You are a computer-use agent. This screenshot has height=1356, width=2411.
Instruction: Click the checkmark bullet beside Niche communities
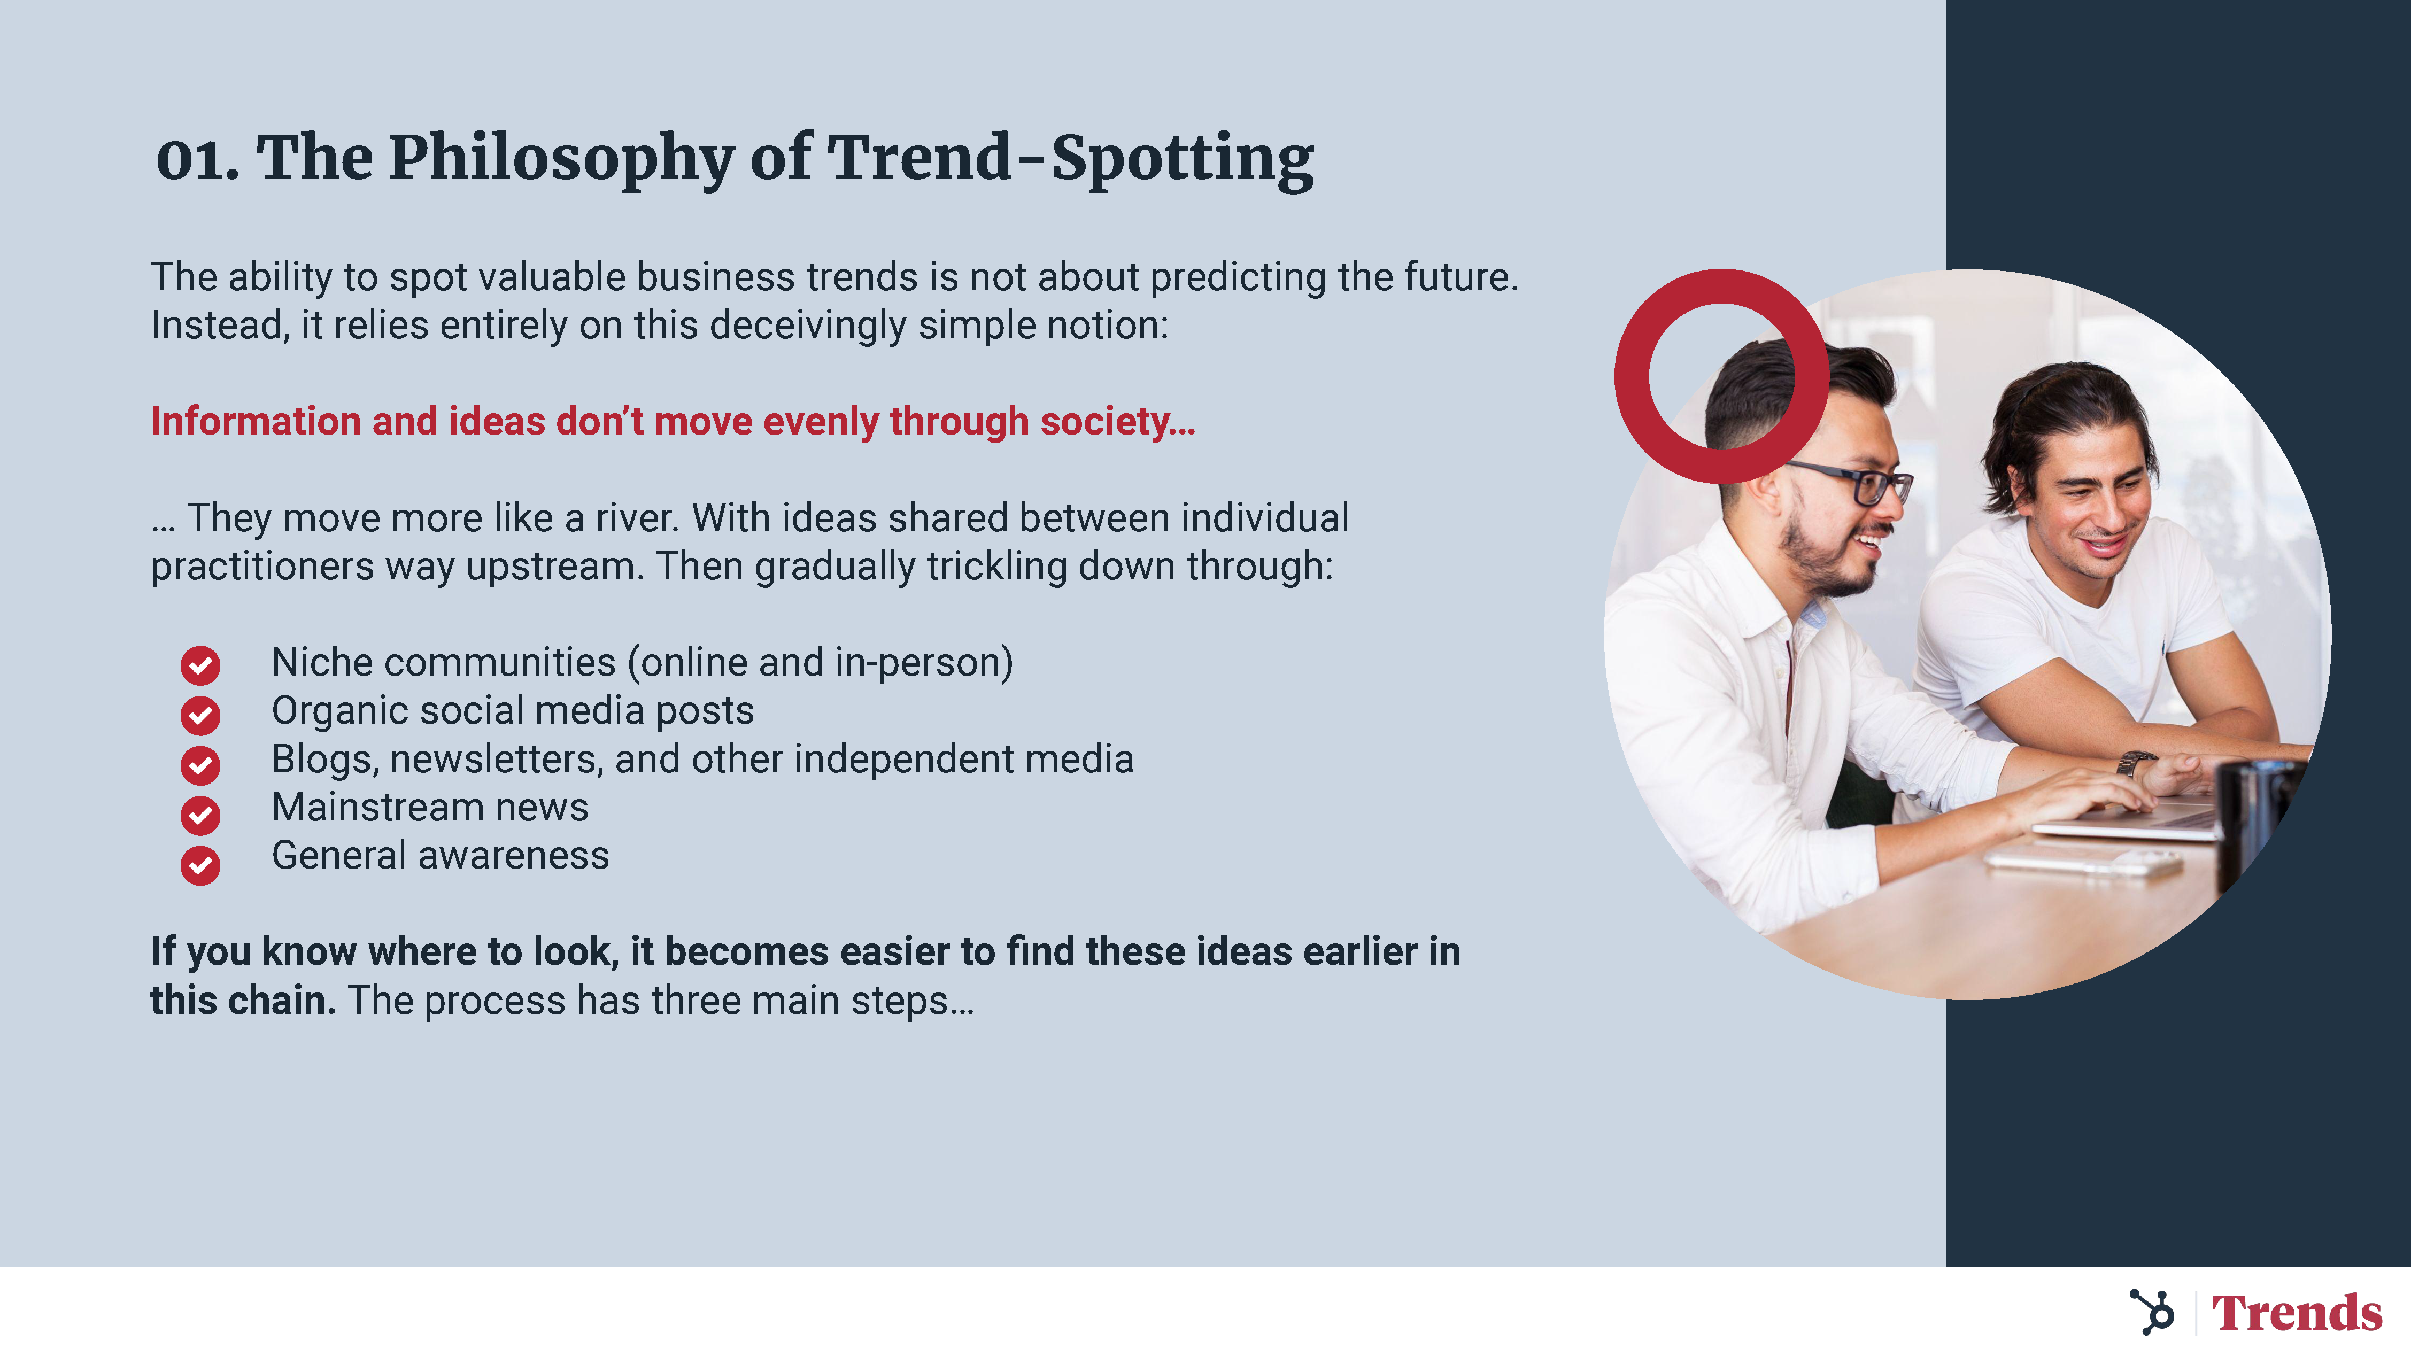coord(200,665)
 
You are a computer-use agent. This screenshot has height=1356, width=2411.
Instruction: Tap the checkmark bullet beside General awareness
coord(200,865)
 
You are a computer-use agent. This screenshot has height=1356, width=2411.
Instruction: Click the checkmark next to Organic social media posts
coord(200,715)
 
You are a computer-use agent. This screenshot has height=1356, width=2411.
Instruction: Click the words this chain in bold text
coord(242,1001)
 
